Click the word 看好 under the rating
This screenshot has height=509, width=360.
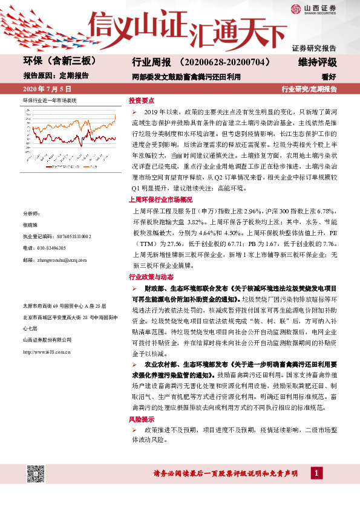click(329, 76)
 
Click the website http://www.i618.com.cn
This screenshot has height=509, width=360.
click(47, 351)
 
